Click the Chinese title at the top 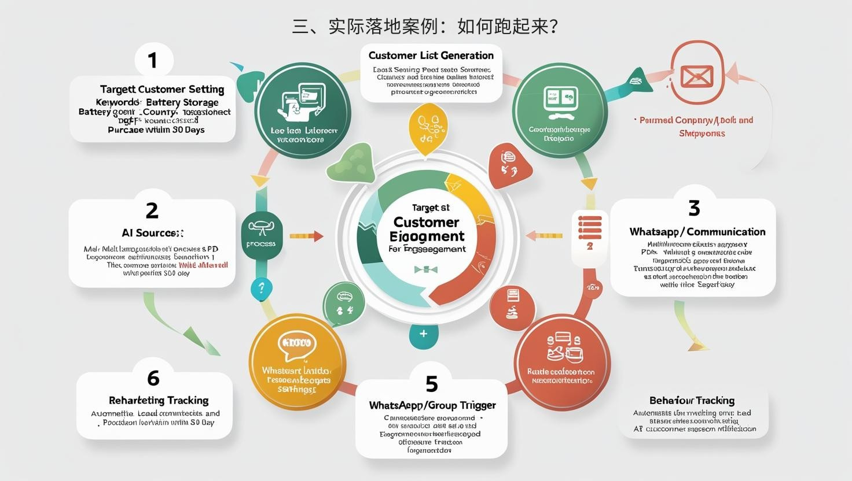click(x=425, y=26)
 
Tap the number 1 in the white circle click(x=153, y=60)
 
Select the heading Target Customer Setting click(x=161, y=89)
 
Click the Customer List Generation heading click(x=431, y=55)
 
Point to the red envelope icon click(x=697, y=76)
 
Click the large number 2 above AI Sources click(x=152, y=210)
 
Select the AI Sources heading click(x=152, y=233)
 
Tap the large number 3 click(x=694, y=208)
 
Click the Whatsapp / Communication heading click(x=697, y=232)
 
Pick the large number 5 click(x=431, y=384)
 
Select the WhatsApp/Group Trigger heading click(x=432, y=405)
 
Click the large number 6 click(x=153, y=378)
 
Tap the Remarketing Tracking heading click(x=158, y=400)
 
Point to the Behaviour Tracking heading click(x=692, y=400)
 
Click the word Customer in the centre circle click(x=426, y=222)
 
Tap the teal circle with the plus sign click(x=423, y=334)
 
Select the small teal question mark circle click(x=262, y=288)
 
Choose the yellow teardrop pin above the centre click(x=428, y=129)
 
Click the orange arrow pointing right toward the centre click(x=306, y=236)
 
